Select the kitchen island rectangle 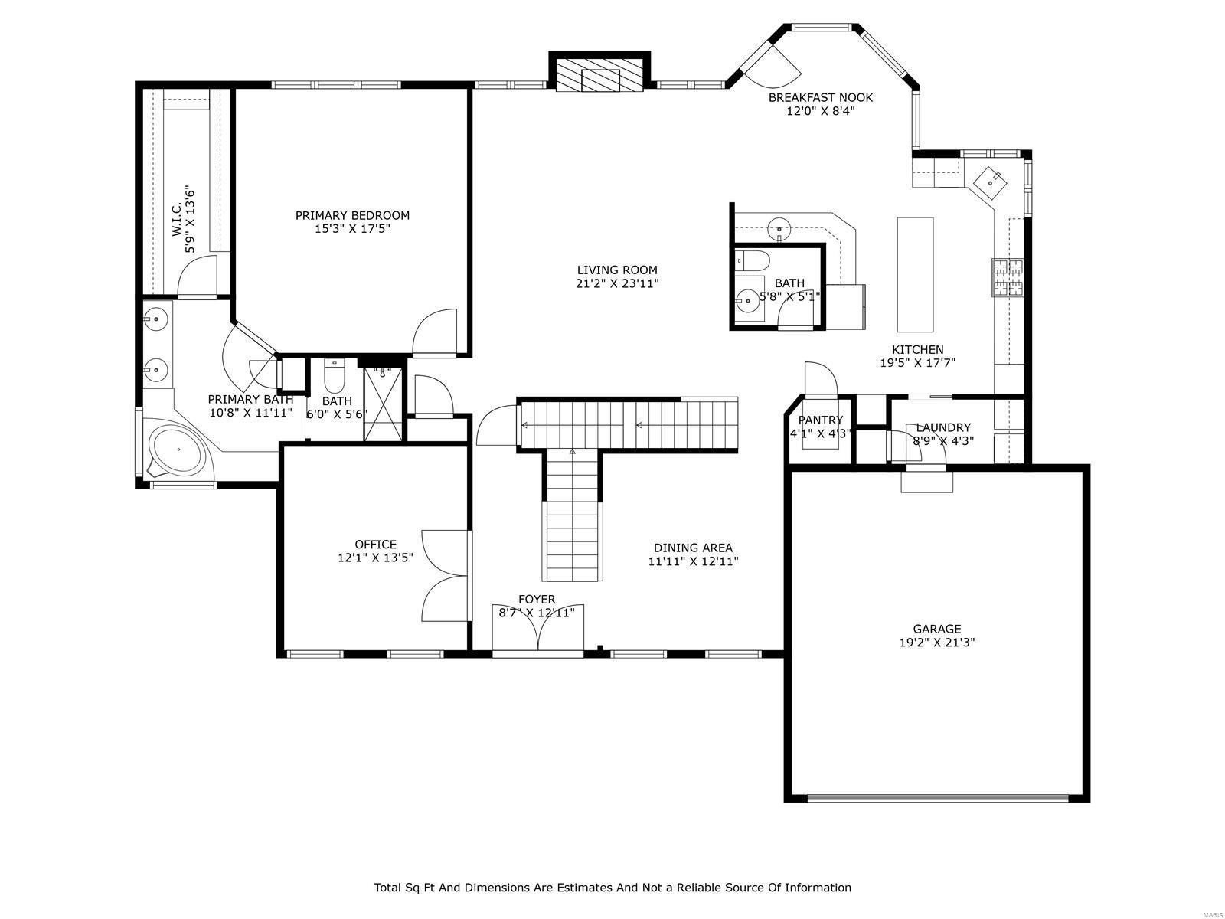(915, 273)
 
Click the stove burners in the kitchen (1008, 277)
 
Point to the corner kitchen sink (993, 181)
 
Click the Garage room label (936, 629)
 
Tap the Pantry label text (820, 420)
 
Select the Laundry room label (943, 427)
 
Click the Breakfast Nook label (820, 97)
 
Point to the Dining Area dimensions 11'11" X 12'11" (693, 561)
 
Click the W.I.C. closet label (176, 219)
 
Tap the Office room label (375, 545)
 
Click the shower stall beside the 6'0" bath (382, 404)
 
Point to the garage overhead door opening (938, 798)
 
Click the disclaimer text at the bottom (612, 888)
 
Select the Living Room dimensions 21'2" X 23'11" (617, 283)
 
